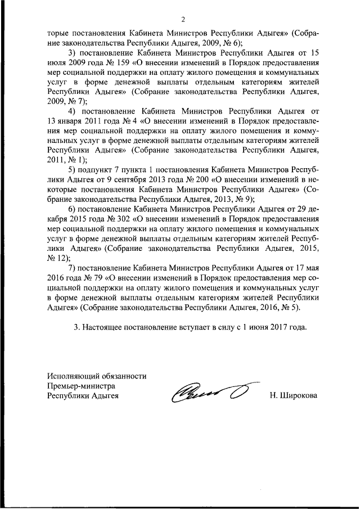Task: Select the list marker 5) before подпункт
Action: tap(71, 168)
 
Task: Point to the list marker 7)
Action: tap(71, 267)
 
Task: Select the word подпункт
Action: tap(99, 168)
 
